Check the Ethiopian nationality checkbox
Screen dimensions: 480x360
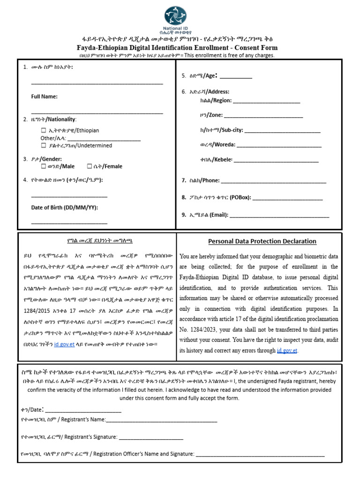(x=43, y=130)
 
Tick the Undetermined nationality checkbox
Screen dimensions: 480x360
(x=43, y=145)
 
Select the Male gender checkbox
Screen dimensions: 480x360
(x=43, y=166)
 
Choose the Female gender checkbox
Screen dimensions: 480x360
(x=89, y=166)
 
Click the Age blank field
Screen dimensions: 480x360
(x=236, y=77)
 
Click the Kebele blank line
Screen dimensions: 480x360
(x=276, y=160)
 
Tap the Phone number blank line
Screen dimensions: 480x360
(x=273, y=181)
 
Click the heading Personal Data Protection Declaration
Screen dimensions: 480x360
(x=262, y=241)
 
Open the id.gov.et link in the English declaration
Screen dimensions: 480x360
(x=287, y=351)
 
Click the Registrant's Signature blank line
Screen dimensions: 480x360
(x=151, y=437)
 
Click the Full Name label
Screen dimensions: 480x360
(x=44, y=96)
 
